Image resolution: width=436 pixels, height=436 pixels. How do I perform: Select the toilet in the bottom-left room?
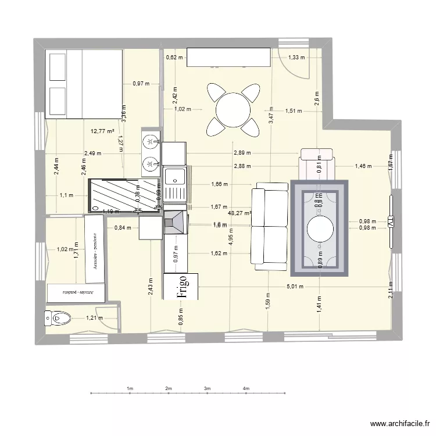57,318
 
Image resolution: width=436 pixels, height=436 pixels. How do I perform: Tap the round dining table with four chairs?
233,109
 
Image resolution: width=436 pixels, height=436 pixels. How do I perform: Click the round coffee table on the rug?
319,229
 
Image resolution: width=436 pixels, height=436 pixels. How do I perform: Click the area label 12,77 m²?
102,131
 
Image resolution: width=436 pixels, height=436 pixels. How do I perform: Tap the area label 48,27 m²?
240,213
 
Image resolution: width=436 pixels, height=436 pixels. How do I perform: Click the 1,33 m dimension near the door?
297,57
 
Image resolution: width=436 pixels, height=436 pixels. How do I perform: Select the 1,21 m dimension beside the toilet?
95,318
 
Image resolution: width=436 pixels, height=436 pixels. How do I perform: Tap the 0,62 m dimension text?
174,58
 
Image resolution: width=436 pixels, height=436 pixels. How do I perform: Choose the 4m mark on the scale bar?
246,388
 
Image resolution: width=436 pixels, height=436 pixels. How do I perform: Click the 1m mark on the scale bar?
130,388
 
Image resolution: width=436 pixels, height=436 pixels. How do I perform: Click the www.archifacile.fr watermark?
399,424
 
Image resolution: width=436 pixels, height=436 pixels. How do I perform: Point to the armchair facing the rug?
317,165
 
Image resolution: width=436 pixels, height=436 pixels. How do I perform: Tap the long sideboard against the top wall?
228,58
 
